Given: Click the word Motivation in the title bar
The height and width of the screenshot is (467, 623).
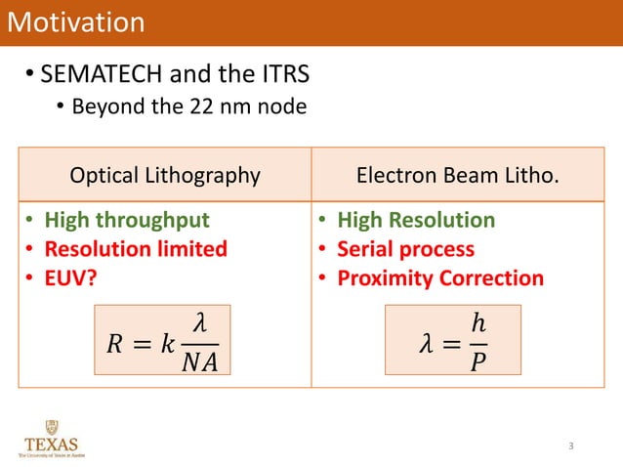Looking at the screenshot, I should pyautogui.click(x=76, y=22).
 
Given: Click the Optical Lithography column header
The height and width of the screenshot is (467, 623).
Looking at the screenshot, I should pyautogui.click(x=165, y=176).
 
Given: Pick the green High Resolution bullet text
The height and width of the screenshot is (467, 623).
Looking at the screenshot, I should pyautogui.click(x=416, y=220).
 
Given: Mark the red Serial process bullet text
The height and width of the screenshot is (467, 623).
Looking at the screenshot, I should pyautogui.click(x=405, y=248).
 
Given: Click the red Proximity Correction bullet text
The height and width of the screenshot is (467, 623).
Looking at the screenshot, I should pyautogui.click(x=439, y=277).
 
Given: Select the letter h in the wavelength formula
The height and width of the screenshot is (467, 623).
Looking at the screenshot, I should pyautogui.click(x=477, y=321).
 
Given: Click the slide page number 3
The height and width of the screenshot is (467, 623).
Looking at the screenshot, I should pyautogui.click(x=571, y=446).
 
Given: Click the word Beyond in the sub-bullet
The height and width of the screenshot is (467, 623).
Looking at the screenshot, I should pyautogui.click(x=104, y=106).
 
